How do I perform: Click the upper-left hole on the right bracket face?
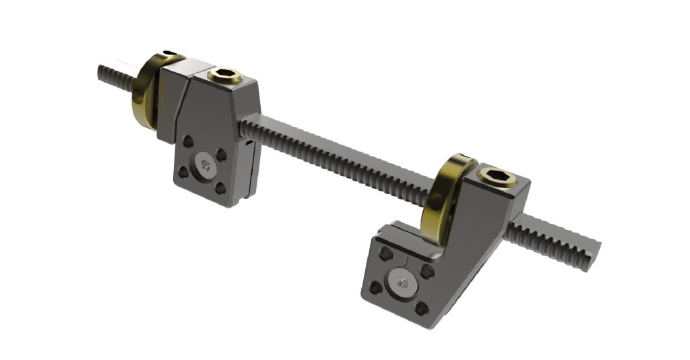click(386, 254)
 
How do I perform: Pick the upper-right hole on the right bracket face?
click(426, 272)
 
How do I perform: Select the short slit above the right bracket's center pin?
click(407, 259)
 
